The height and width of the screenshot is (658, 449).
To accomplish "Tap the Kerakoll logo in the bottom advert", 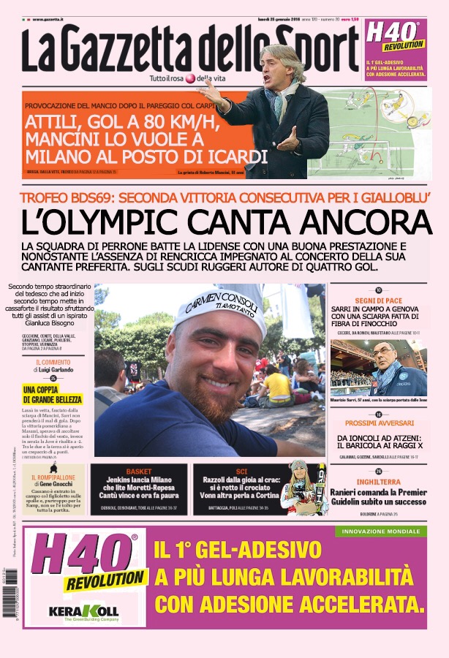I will [x=83, y=610].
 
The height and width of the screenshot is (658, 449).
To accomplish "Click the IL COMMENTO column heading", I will [x=53, y=362].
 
